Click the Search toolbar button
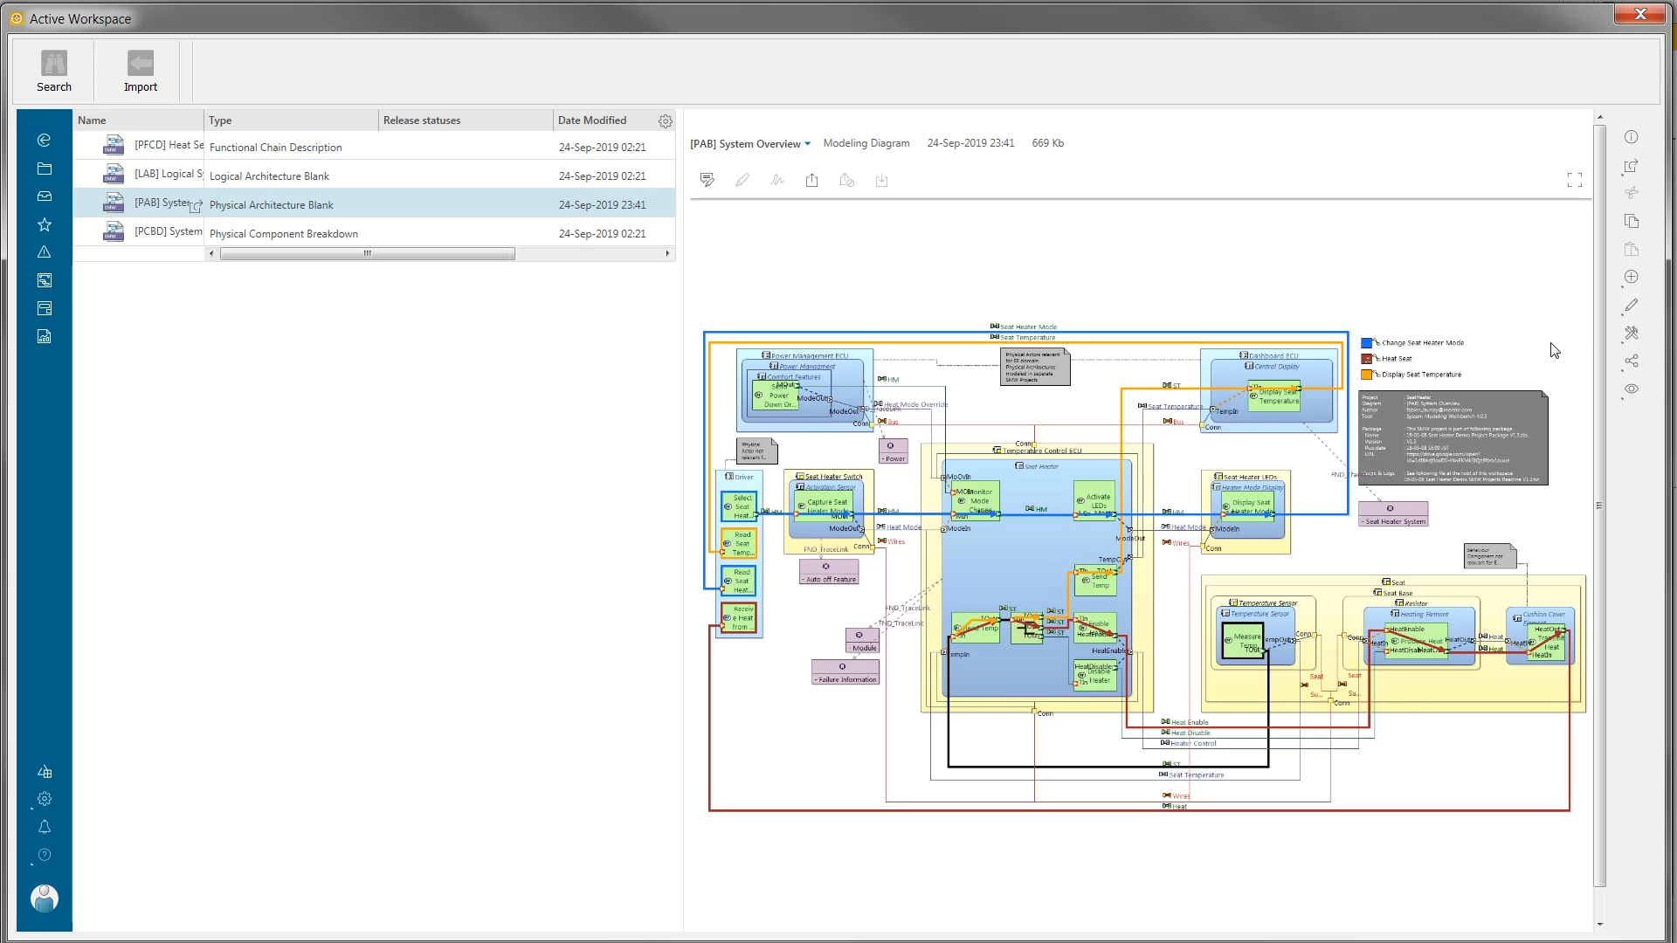point(54,71)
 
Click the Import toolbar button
point(140,71)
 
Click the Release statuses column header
point(422,120)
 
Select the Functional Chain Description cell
point(276,148)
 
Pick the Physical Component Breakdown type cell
point(284,234)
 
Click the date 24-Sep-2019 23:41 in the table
point(602,205)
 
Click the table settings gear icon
point(666,121)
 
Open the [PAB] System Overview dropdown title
point(750,144)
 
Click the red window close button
point(1639,14)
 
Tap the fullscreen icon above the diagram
point(1574,180)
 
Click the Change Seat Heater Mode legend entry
point(1422,343)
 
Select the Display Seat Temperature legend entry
point(1420,375)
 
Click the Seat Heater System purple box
point(1393,514)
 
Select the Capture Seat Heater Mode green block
point(826,506)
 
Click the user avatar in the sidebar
point(44,898)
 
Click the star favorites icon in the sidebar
point(45,225)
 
